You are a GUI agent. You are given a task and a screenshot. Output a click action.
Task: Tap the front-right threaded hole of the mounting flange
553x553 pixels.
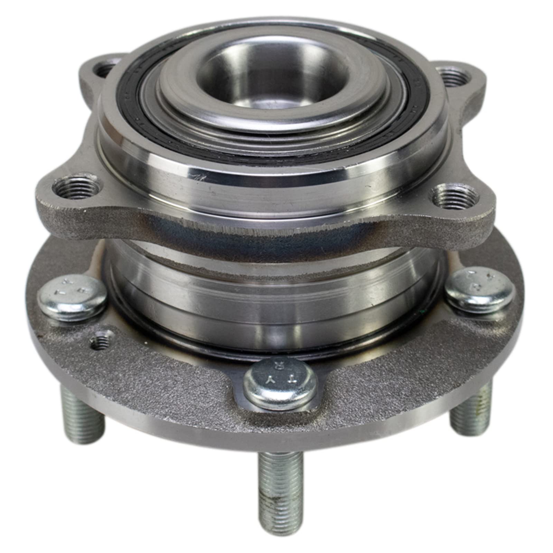[x=455, y=197]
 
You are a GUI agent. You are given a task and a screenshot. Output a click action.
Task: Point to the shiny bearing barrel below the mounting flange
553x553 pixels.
[x=273, y=294]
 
